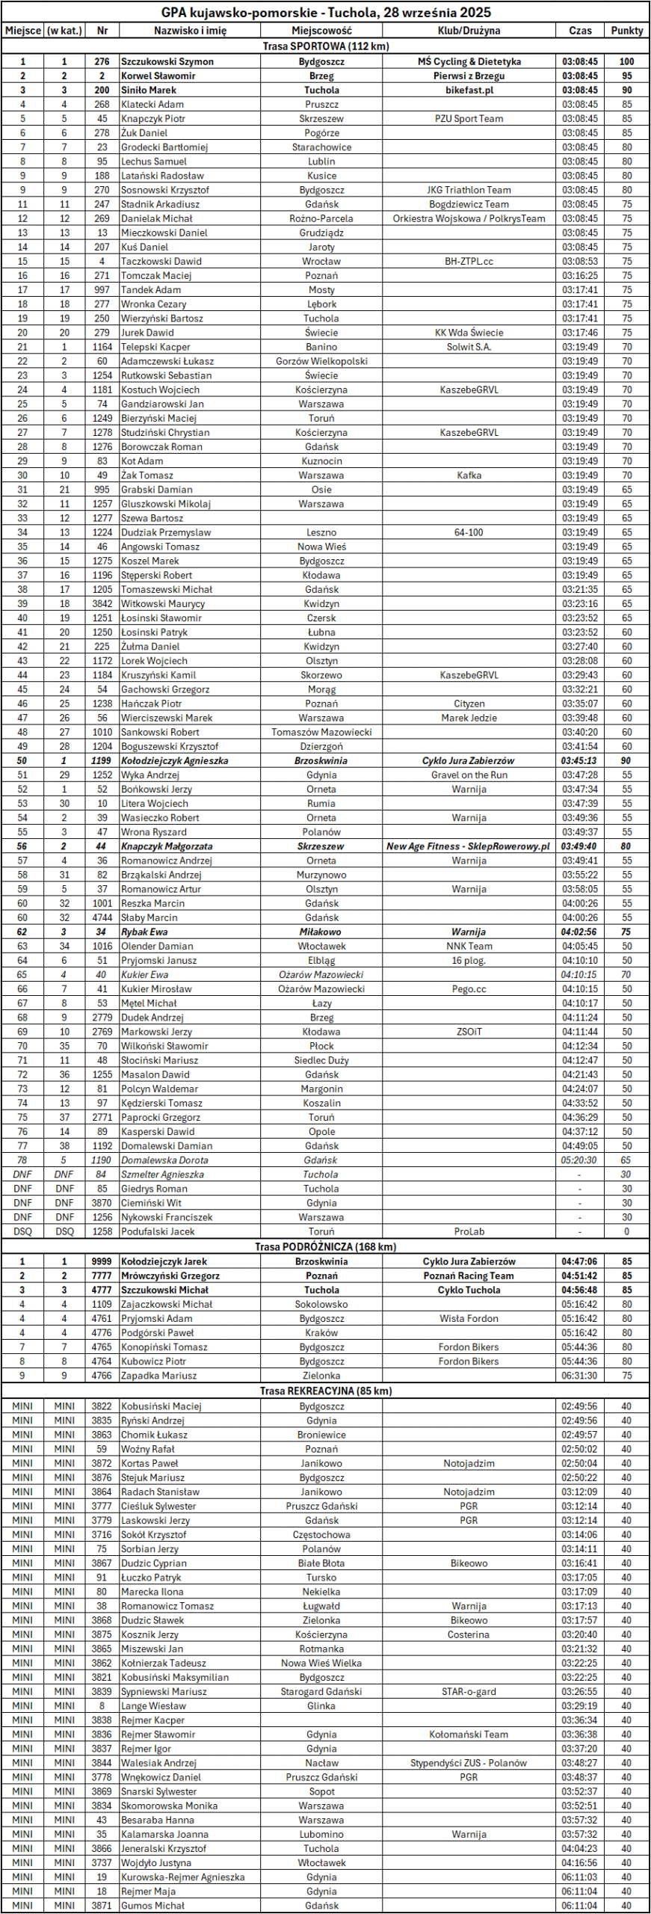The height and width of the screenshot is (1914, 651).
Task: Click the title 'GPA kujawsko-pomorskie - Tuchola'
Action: click(x=325, y=12)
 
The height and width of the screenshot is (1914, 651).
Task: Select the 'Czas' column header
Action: click(x=580, y=31)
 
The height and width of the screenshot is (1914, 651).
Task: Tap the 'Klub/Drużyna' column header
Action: click(x=469, y=31)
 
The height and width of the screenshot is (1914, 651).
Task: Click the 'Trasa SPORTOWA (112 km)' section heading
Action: click(x=325, y=46)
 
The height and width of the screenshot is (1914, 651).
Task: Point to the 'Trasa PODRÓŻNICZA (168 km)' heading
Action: click(x=325, y=1246)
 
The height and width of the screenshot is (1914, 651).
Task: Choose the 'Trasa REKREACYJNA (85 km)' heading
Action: click(x=325, y=1391)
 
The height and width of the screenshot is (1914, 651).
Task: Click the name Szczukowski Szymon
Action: click(x=167, y=61)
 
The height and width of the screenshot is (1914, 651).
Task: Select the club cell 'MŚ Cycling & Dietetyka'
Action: click(x=469, y=61)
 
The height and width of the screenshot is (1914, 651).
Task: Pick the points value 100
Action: click(x=626, y=61)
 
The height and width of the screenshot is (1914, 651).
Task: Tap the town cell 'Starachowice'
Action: click(x=321, y=147)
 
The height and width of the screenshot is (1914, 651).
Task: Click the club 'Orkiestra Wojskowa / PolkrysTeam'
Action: click(x=469, y=218)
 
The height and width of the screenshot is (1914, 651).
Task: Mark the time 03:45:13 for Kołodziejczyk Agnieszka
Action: click(x=579, y=760)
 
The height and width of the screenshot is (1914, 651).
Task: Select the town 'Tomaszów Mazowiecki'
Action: click(x=321, y=732)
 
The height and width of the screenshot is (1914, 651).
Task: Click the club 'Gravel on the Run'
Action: click(x=469, y=775)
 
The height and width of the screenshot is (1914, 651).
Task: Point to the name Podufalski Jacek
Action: click(x=158, y=1231)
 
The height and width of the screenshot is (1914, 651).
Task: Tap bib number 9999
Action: click(x=102, y=1261)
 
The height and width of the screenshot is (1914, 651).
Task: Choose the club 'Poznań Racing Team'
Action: click(x=469, y=1276)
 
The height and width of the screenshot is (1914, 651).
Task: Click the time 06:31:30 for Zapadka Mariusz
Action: click(x=579, y=1375)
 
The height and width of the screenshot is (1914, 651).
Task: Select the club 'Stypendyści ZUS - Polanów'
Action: click(x=469, y=1763)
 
